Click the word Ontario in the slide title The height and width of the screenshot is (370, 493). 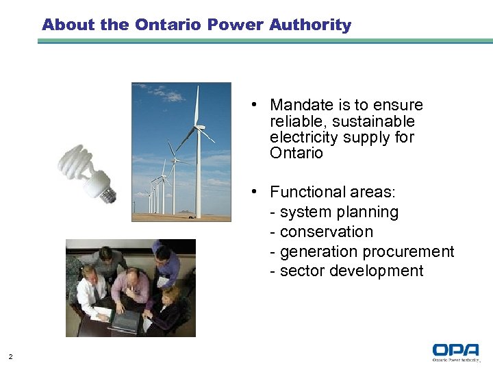[168, 25]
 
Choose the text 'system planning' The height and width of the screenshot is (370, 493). [339, 212]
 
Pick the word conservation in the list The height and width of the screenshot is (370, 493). [327, 232]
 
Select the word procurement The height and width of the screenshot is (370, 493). [411, 251]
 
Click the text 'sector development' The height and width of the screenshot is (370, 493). [352, 271]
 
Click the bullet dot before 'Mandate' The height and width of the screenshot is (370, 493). [253, 105]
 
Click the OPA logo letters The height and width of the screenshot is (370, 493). [455, 350]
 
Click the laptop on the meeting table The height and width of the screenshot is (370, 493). [125, 321]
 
